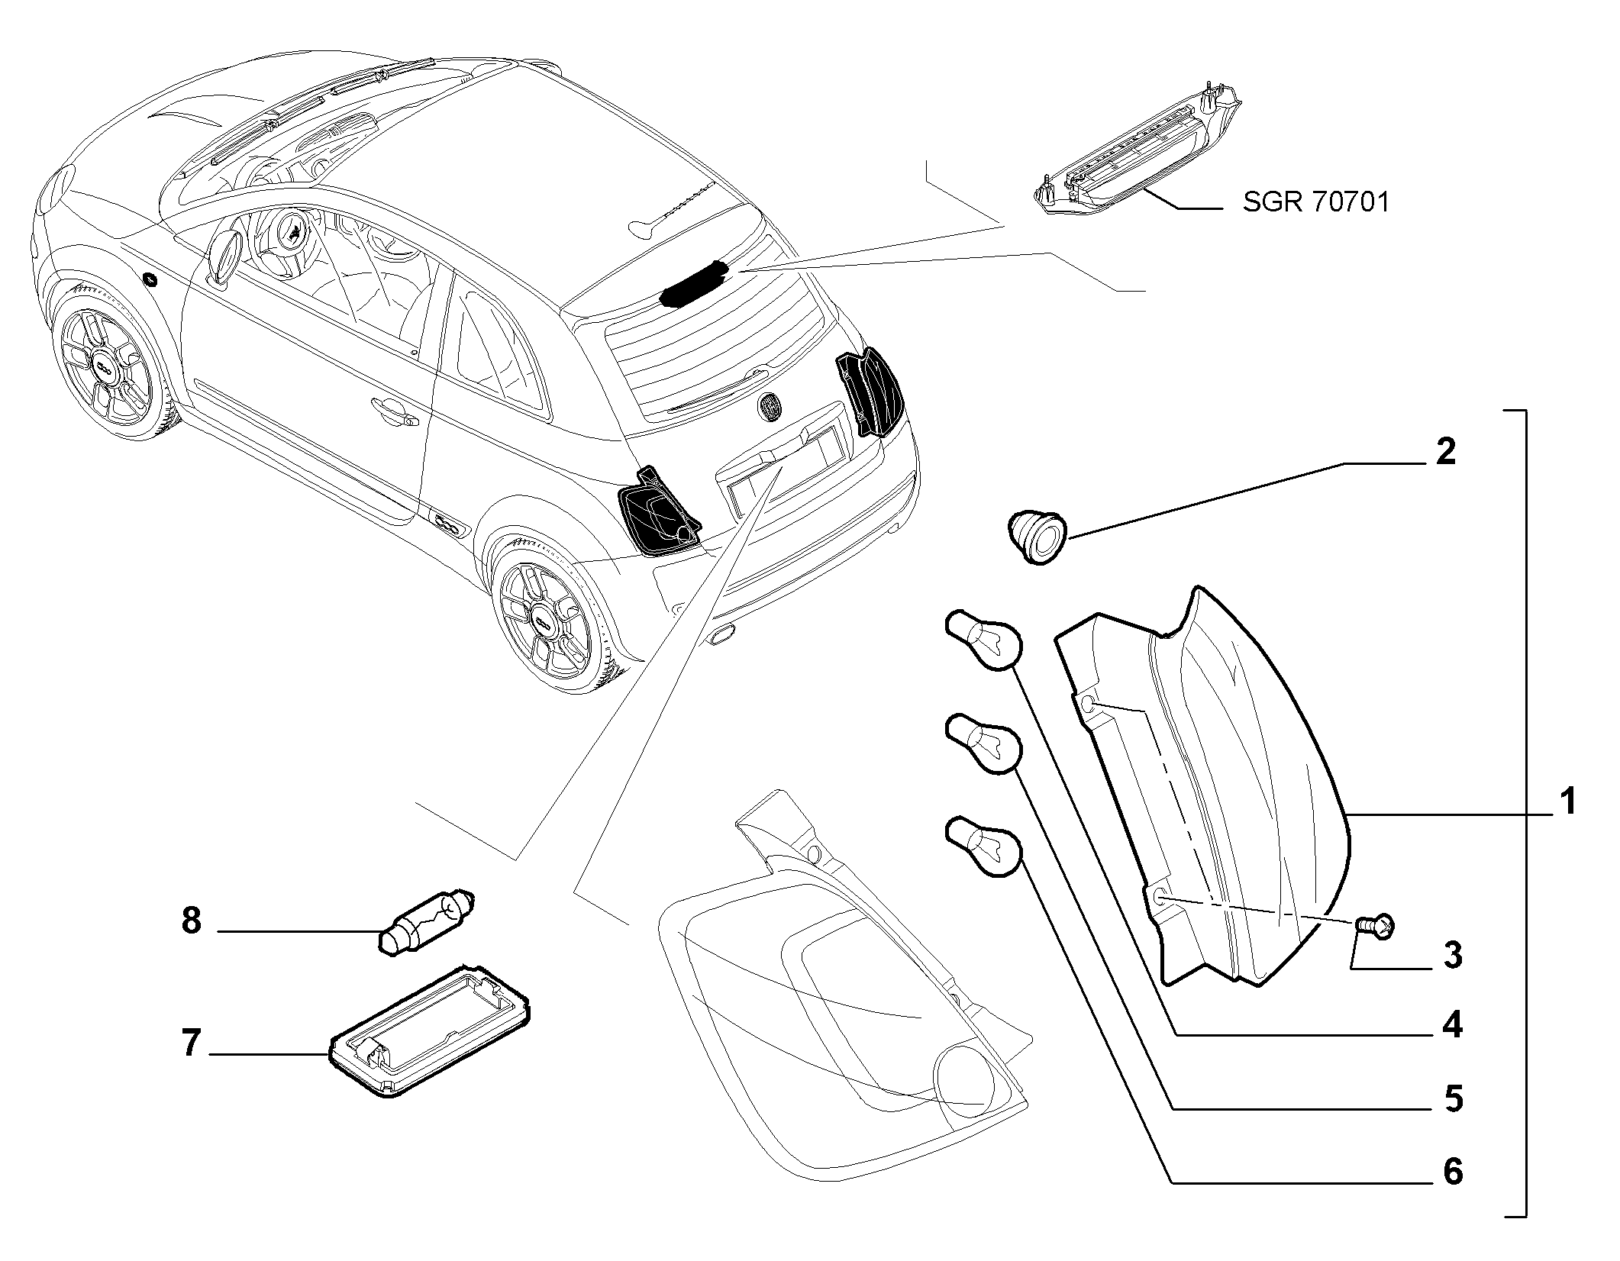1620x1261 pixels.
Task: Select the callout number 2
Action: click(1445, 452)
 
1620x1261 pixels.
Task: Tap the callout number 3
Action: click(1453, 956)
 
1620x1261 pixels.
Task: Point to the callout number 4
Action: click(1453, 1024)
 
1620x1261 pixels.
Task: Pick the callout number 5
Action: click(1453, 1099)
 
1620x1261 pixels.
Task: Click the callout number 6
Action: click(1453, 1171)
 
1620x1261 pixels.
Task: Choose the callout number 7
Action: click(190, 1043)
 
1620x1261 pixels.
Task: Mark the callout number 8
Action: click(191, 921)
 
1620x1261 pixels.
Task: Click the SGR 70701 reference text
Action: click(1315, 202)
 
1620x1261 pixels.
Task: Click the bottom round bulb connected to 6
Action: click(983, 847)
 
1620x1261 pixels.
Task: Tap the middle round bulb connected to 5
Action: click(983, 743)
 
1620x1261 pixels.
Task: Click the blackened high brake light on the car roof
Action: click(693, 282)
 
